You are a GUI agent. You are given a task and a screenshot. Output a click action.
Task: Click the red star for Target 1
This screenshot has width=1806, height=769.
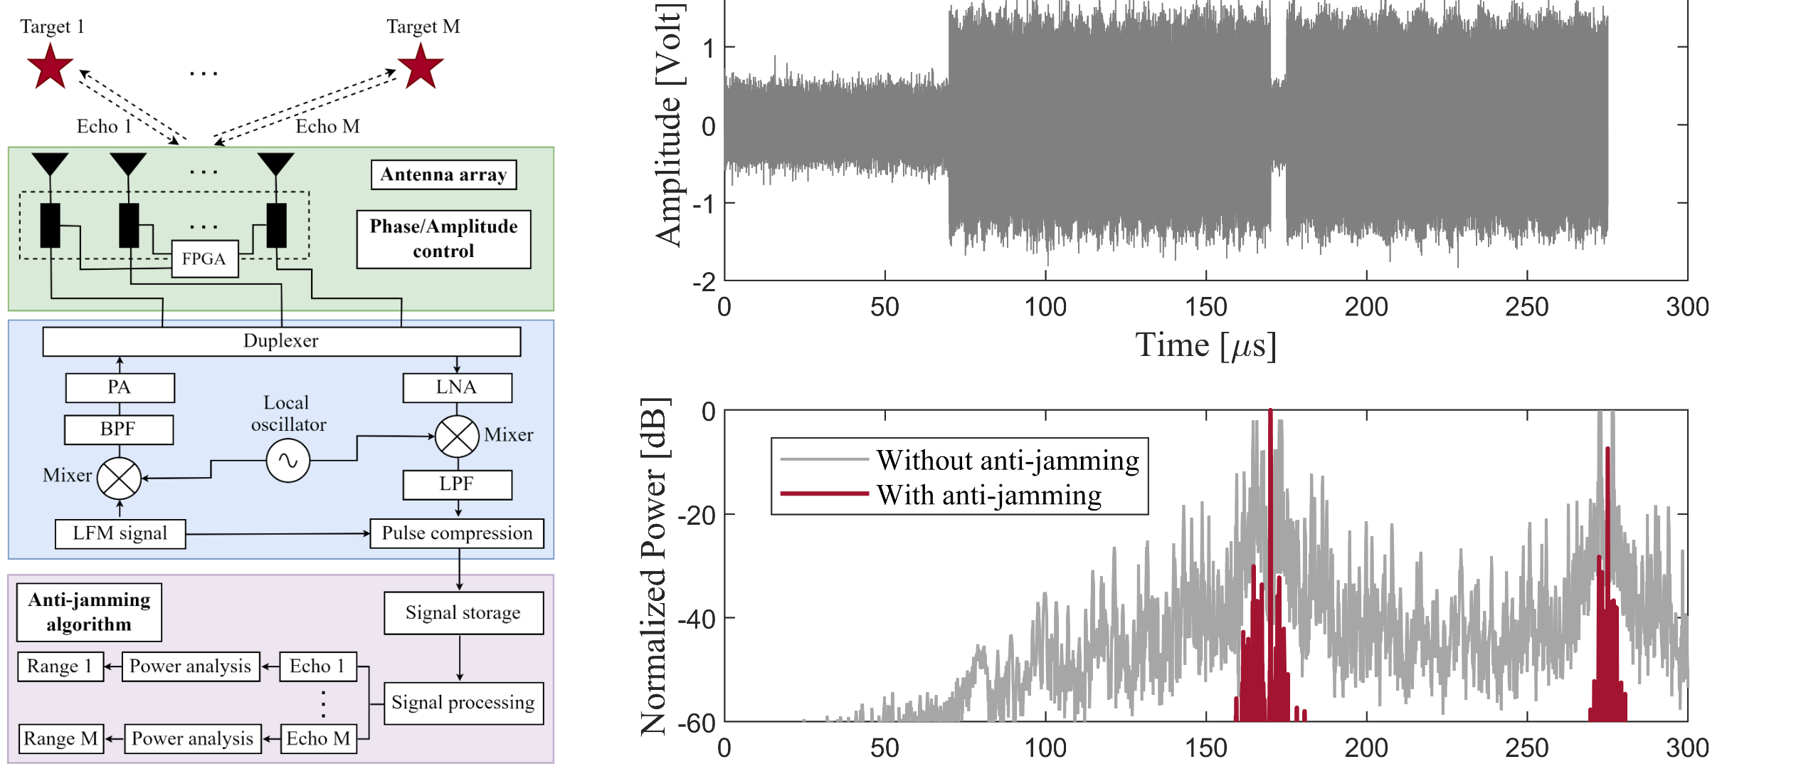[50, 66]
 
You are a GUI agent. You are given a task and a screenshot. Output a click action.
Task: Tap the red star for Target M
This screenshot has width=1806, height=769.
[421, 66]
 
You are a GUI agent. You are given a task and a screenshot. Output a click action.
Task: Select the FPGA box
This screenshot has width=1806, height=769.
[204, 258]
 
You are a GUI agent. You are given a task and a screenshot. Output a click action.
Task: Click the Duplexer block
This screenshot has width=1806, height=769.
[281, 341]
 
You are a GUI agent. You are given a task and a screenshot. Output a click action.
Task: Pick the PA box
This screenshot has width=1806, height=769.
[120, 387]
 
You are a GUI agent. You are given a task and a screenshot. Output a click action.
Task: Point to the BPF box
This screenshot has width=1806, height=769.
[119, 429]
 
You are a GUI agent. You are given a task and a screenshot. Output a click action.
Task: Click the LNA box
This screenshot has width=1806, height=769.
[457, 387]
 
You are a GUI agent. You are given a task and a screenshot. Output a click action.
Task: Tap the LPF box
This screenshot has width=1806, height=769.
[457, 484]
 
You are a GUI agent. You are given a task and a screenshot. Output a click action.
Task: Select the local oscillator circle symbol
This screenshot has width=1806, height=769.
[287, 461]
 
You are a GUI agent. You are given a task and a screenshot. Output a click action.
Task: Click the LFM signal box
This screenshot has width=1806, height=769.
[120, 533]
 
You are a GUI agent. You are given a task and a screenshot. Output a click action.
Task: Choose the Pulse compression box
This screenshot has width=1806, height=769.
[457, 533]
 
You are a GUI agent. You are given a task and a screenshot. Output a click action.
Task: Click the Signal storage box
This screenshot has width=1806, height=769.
[463, 612]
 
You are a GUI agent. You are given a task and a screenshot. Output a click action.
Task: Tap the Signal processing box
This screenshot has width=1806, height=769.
[463, 703]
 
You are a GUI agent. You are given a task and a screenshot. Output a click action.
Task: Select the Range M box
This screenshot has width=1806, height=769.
[60, 738]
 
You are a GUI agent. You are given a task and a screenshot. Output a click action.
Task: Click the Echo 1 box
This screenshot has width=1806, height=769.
[317, 666]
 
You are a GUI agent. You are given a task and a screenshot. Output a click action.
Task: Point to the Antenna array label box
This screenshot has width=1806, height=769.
[443, 174]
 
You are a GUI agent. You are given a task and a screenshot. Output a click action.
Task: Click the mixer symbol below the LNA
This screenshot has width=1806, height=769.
[457, 436]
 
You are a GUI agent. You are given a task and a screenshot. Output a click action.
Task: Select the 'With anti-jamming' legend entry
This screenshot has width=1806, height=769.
[988, 495]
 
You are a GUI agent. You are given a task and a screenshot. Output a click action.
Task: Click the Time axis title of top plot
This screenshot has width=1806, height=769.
[1205, 346]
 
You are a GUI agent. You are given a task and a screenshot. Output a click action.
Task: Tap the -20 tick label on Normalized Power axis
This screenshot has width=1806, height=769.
[696, 515]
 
